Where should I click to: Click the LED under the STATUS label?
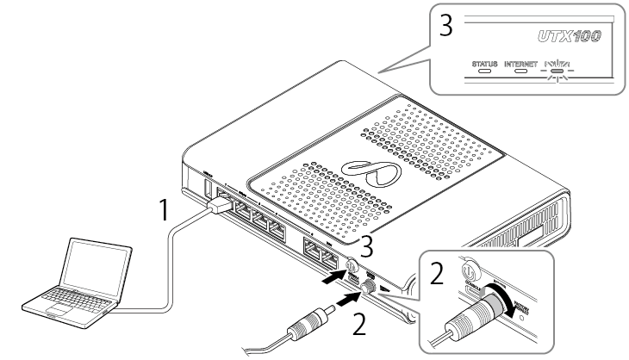click(x=487, y=73)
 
